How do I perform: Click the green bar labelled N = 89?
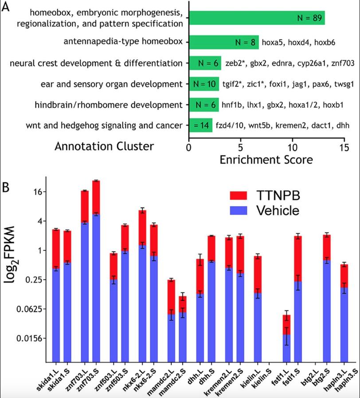(x=257, y=18)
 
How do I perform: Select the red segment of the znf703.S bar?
(x=96, y=197)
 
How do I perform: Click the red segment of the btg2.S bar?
(x=327, y=248)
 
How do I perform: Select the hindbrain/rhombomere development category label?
(x=109, y=105)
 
